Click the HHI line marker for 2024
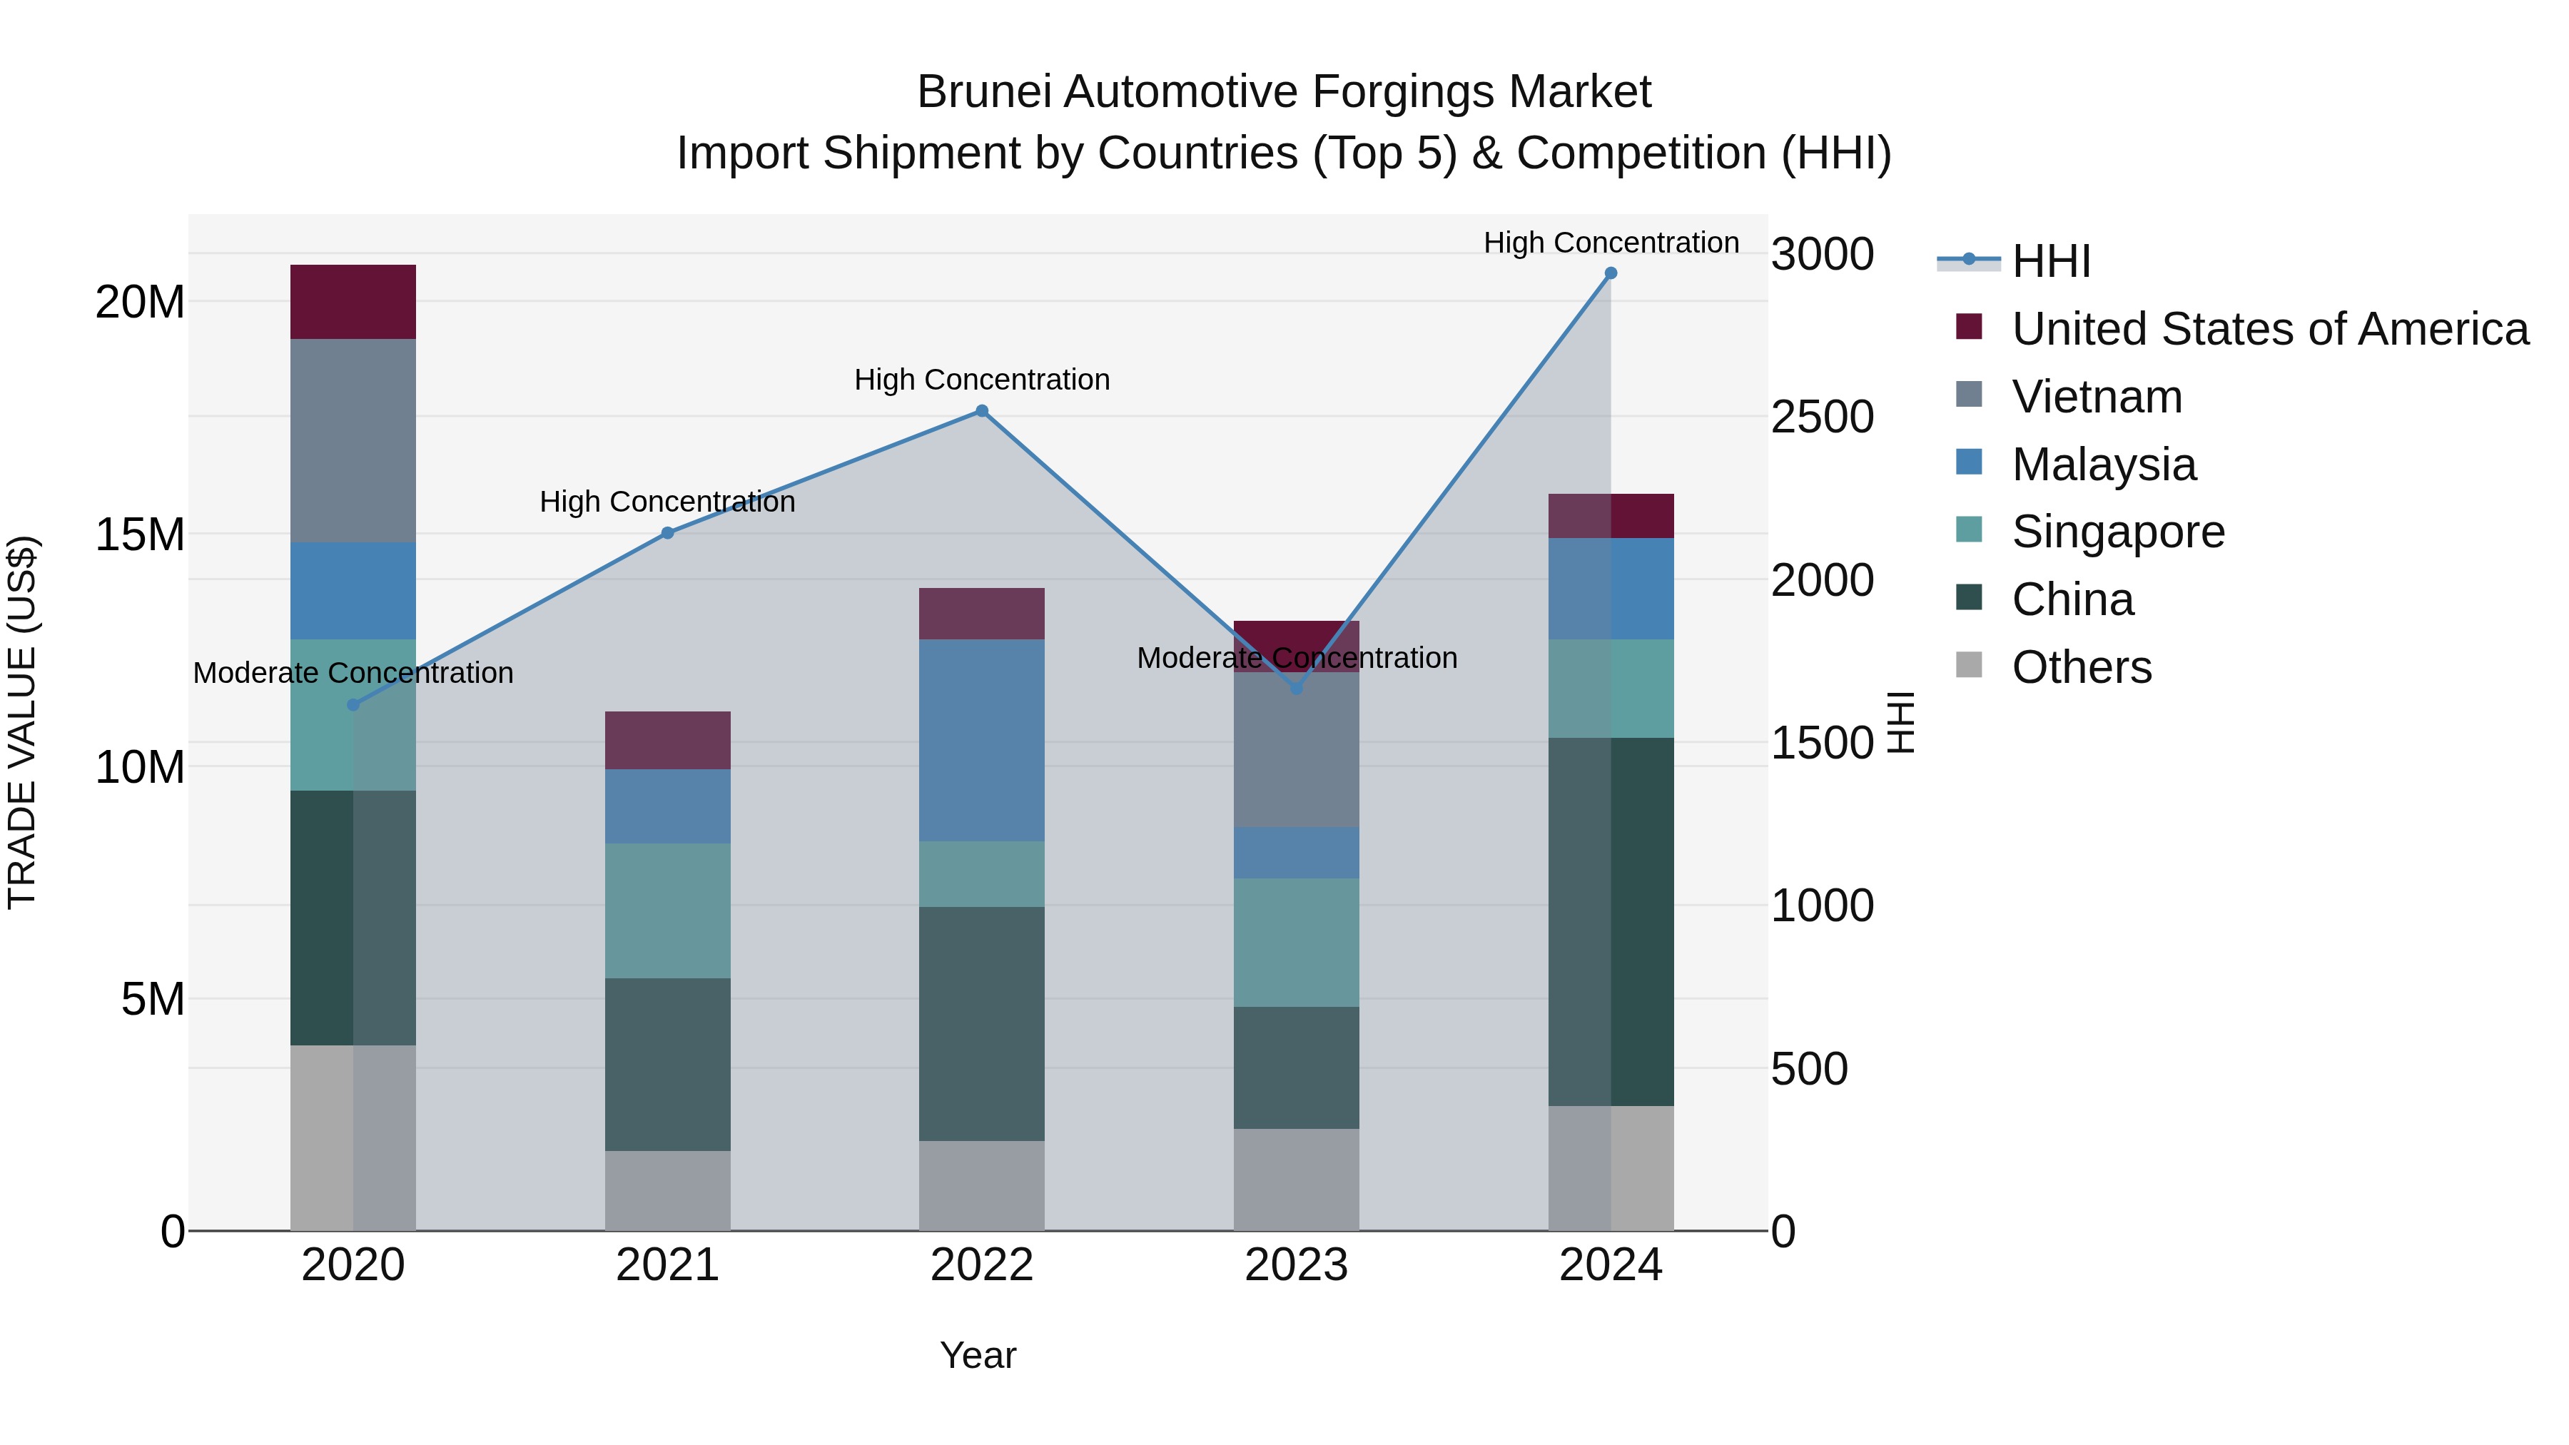coord(1611,273)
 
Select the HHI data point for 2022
coord(981,411)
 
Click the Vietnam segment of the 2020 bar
coord(353,441)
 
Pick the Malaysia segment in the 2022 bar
coord(981,740)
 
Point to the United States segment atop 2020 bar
coord(353,301)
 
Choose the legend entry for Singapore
coord(2117,532)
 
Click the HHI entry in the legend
coord(2050,261)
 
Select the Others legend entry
coord(2082,667)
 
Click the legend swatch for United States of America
coord(1969,326)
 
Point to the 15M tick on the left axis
coord(140,534)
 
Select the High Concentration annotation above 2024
coord(1611,243)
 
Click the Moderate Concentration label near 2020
coord(353,673)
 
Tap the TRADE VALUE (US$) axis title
coord(22,722)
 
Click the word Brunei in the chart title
coord(983,92)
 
